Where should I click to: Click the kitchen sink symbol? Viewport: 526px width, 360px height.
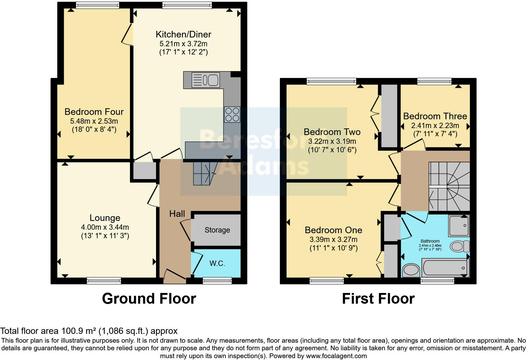(x=206, y=80)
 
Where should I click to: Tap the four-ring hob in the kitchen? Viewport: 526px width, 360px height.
(x=232, y=115)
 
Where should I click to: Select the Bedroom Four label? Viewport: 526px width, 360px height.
(x=94, y=112)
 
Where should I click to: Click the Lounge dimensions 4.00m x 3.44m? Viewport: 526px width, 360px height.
(x=105, y=227)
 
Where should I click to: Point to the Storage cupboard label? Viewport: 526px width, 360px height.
(x=217, y=230)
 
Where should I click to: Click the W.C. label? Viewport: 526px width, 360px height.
(x=217, y=263)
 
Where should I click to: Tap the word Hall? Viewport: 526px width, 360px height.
(x=177, y=214)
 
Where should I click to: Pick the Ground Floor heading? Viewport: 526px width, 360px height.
(x=149, y=299)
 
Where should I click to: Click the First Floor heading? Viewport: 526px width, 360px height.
(x=378, y=299)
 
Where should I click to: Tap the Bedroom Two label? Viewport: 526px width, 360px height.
(x=332, y=132)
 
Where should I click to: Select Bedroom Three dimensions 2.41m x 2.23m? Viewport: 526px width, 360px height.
(x=435, y=126)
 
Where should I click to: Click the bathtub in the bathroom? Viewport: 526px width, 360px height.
(x=445, y=268)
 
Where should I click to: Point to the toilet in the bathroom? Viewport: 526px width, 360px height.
(x=460, y=246)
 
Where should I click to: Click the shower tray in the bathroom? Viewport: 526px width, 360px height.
(x=459, y=226)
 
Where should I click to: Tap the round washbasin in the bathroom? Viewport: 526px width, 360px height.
(x=411, y=270)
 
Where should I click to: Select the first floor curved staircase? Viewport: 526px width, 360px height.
(x=449, y=186)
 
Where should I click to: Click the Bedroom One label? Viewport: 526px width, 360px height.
(x=333, y=230)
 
